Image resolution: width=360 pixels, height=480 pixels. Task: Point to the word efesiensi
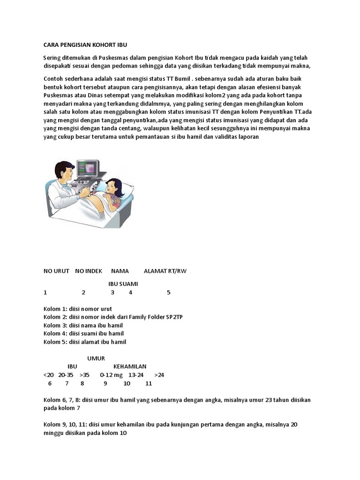tap(268, 87)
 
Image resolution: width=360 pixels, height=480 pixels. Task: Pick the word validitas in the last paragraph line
tap(226, 136)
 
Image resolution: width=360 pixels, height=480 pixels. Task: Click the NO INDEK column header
tap(89, 271)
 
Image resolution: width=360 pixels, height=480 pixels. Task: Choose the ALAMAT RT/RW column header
tap(165, 271)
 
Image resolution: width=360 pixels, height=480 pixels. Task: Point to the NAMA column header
tap(120, 271)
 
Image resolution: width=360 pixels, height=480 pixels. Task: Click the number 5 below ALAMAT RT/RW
tap(169, 292)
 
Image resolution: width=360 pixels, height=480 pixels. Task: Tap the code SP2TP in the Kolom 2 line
tap(174, 317)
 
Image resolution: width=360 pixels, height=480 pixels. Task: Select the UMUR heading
tap(96, 358)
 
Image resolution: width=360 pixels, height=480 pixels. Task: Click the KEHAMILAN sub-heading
tap(130, 367)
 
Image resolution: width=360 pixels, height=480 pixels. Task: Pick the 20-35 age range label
tap(66, 375)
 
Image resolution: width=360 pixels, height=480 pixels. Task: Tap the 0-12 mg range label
tap(111, 375)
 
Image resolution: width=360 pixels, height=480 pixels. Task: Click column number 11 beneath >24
tap(149, 383)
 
